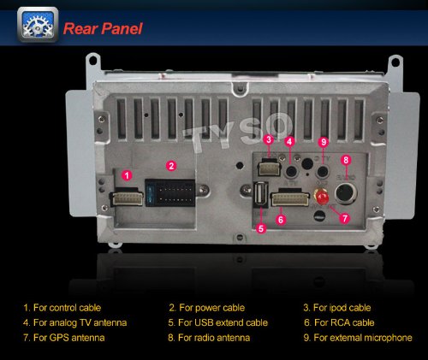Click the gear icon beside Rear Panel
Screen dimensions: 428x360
[38, 25]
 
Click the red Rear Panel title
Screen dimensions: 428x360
[103, 29]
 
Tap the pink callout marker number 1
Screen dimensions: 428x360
[127, 175]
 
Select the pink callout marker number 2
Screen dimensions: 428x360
[171, 166]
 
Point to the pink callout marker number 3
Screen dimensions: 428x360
[269, 139]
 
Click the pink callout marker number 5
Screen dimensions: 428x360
[261, 228]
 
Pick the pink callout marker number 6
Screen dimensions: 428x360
[281, 220]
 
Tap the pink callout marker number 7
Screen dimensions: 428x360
[345, 218]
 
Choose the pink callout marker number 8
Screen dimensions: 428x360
[346, 160]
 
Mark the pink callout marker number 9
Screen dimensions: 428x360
[324, 142]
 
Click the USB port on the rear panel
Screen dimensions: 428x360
[261, 194]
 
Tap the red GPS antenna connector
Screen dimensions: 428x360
[322, 197]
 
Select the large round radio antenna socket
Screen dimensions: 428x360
[346, 193]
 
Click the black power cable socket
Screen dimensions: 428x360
[170, 192]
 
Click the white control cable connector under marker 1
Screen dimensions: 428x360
[128, 198]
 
